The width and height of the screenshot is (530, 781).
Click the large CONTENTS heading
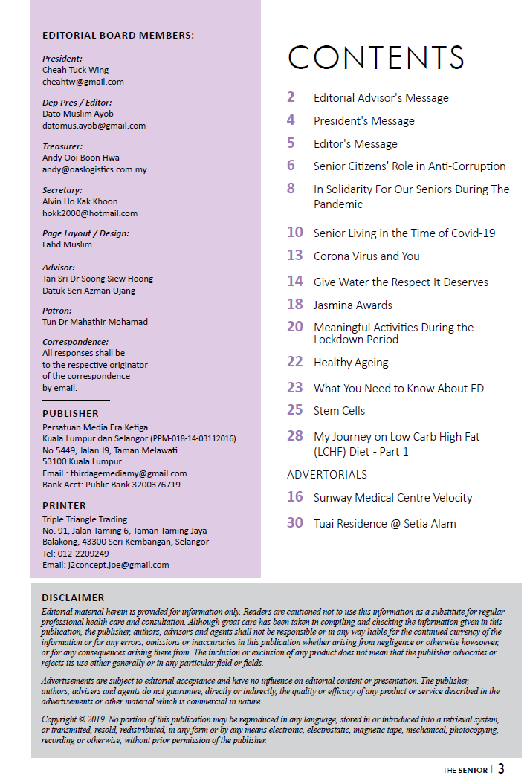[376, 58]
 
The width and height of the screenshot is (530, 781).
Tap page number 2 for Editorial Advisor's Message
[291, 97]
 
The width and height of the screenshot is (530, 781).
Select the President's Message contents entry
[363, 121]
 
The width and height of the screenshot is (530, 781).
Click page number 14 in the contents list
[295, 282]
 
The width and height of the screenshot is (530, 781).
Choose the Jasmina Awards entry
[352, 305]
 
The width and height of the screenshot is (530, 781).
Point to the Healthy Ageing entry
[351, 363]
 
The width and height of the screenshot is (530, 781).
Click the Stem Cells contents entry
[339, 410]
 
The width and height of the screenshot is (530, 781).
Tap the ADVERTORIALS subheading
[327, 474]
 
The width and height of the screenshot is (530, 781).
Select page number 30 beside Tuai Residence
[295, 523]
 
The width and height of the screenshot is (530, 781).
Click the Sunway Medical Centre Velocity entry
[392, 498]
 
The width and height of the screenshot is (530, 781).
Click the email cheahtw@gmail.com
[83, 82]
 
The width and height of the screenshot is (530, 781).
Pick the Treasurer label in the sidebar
[62, 146]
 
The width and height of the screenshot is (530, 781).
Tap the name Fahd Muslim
[67, 244]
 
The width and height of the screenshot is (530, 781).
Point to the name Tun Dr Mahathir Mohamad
[95, 322]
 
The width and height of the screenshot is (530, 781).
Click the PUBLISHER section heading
[71, 413]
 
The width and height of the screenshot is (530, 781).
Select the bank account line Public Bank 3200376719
[112, 485]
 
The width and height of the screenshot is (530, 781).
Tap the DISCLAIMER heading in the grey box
[73, 597]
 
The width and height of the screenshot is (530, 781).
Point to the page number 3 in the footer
[502, 768]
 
